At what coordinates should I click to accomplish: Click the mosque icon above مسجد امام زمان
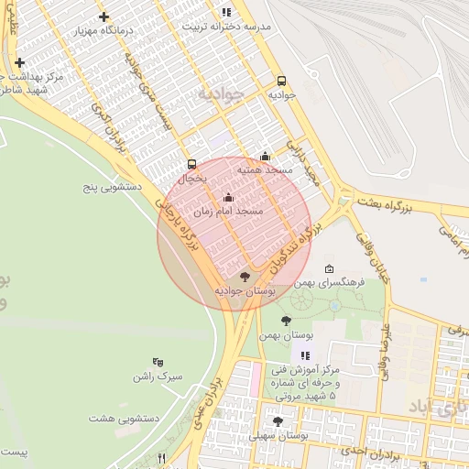point(228,197)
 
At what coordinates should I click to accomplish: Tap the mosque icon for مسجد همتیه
point(265,157)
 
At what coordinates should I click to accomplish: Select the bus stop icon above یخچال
point(191,165)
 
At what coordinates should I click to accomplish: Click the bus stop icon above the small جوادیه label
point(281,80)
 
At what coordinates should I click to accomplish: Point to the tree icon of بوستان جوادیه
point(244,276)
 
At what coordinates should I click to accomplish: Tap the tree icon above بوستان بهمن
point(286,321)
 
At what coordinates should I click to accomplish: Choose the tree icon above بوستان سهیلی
point(278,421)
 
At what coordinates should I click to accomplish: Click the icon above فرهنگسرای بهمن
point(329,268)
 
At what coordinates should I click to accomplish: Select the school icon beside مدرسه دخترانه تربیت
point(225,12)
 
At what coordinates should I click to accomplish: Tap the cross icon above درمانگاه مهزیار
point(103,16)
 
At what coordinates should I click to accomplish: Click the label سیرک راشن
point(158,376)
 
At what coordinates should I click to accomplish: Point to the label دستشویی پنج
point(111,187)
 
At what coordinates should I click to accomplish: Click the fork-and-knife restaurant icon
point(162,457)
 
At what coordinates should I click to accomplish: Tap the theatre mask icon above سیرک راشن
point(158,362)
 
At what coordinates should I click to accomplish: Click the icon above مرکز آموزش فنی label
point(305,354)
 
